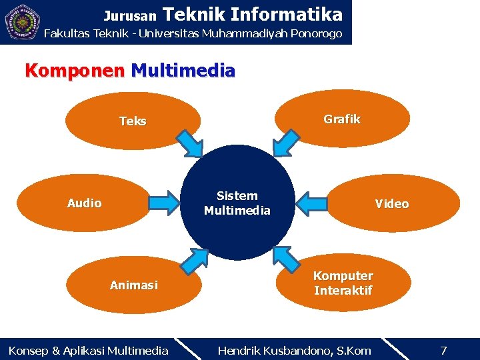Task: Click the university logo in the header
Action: pos(22,22)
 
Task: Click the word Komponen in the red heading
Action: pos(74,70)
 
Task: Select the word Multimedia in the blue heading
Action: pos(183,70)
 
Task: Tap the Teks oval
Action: pos(133,120)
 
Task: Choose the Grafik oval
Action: pos(342,119)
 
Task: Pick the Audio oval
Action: pos(84,203)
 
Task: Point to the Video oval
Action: pos(392,203)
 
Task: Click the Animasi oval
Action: pos(134,285)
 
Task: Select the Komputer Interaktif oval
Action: pos(343,283)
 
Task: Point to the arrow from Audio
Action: pos(166,202)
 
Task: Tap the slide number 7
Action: pos(443,350)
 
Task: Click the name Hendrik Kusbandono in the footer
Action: pos(294,350)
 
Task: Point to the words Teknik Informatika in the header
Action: pos(252,14)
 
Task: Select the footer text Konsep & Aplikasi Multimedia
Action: pos(88,350)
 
